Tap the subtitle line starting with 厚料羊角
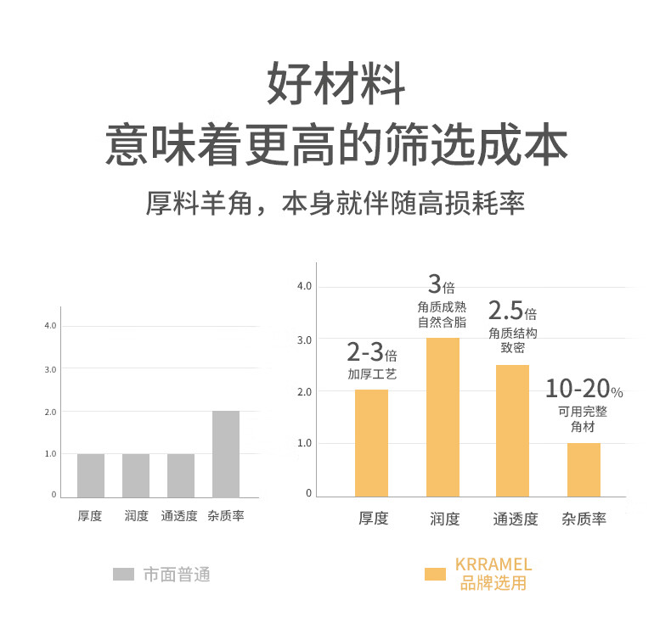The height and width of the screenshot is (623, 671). (x=335, y=205)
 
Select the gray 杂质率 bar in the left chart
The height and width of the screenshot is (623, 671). (x=226, y=454)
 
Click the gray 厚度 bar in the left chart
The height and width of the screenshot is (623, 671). (x=91, y=475)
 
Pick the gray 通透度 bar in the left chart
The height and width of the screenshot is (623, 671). (x=181, y=475)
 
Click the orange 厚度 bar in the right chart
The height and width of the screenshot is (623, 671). (x=371, y=443)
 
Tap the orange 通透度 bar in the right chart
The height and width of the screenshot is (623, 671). (x=512, y=430)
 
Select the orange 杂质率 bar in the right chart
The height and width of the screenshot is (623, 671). (x=584, y=469)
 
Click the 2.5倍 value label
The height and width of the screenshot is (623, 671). (x=512, y=311)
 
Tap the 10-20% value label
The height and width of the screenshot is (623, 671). (x=584, y=390)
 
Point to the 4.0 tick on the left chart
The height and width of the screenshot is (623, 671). (x=50, y=326)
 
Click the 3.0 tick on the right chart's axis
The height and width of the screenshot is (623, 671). (x=304, y=340)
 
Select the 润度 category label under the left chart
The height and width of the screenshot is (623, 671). (x=136, y=516)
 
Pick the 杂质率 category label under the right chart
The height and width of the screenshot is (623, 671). (x=584, y=519)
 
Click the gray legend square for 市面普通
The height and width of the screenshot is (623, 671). (x=124, y=575)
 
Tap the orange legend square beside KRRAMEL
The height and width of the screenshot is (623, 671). (x=435, y=575)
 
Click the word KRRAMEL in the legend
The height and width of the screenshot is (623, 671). (x=493, y=564)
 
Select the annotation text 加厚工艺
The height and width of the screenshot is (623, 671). (x=371, y=374)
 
